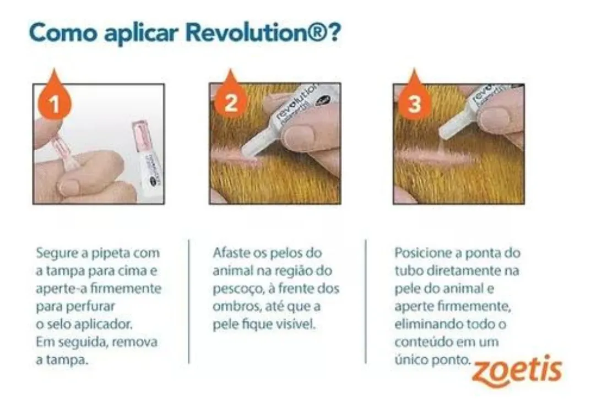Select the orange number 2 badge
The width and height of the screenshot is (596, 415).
(x=230, y=103)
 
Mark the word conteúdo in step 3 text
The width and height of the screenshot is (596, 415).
(x=422, y=342)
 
